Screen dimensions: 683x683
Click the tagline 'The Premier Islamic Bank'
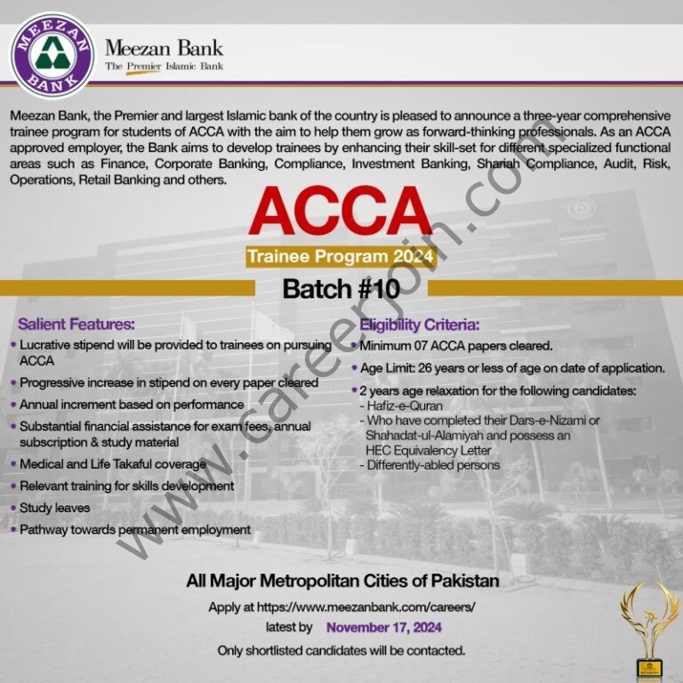pyautogui.click(x=165, y=66)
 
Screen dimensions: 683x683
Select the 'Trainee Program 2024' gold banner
pyautogui.click(x=341, y=258)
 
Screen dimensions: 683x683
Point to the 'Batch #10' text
pyautogui.click(x=341, y=288)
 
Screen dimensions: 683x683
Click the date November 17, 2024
pyautogui.click(x=384, y=628)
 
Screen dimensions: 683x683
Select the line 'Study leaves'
pyautogui.click(x=55, y=508)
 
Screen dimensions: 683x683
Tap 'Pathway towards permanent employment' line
pyautogui.click(x=135, y=529)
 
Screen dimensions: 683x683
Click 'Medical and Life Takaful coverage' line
pyautogui.click(x=112, y=464)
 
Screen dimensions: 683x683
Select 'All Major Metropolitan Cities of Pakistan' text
pyautogui.click(x=342, y=582)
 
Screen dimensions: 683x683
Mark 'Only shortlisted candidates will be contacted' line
pyautogui.click(x=341, y=650)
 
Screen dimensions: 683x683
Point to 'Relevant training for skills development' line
pyautogui.click(x=126, y=486)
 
